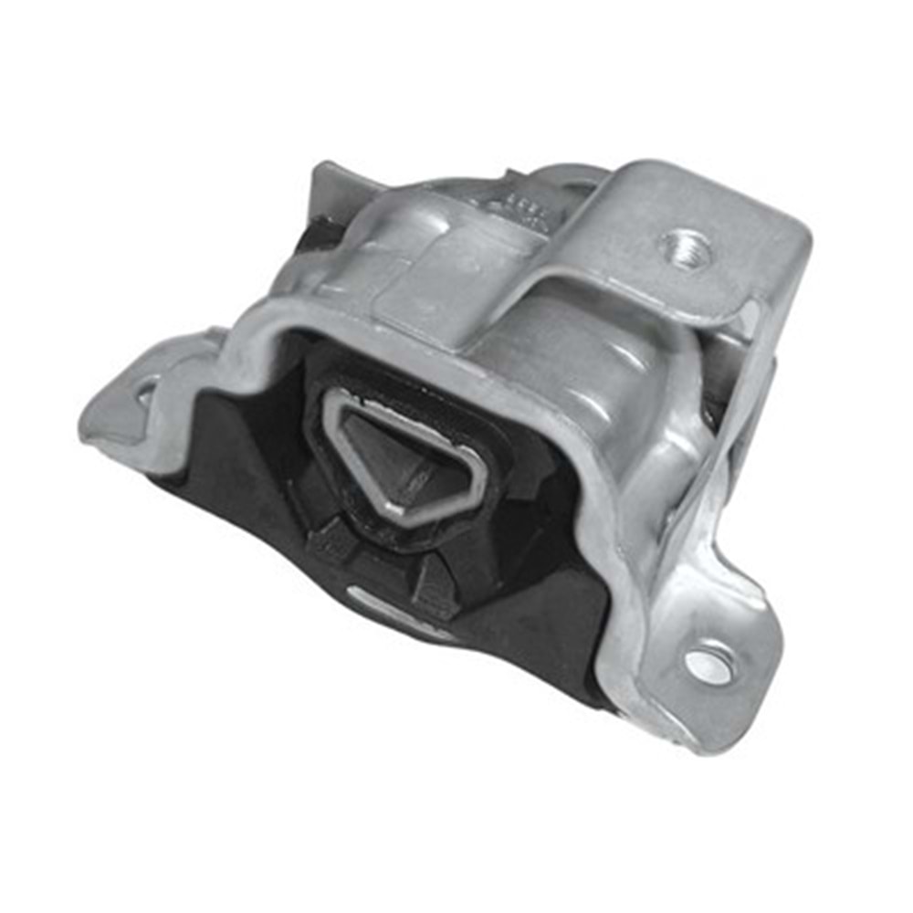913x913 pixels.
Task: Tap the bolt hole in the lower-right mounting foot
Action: (x=709, y=664)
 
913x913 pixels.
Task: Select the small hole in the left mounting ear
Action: (x=144, y=394)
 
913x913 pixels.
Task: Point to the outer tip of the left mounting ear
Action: (x=91, y=429)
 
